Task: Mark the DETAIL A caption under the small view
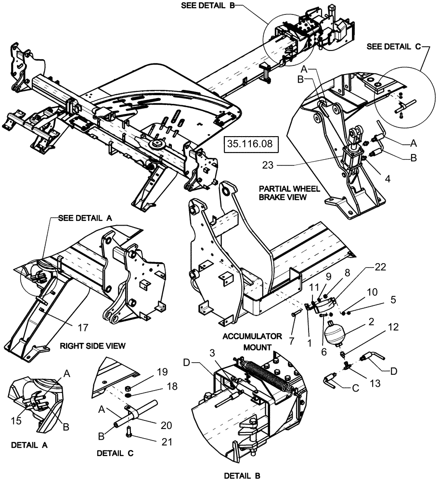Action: pyautogui.click(x=31, y=445)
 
